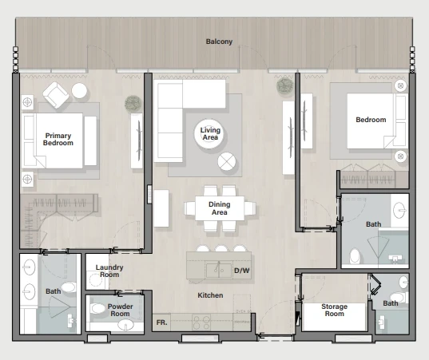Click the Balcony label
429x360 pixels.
pyautogui.click(x=219, y=42)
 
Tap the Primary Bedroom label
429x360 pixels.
pyautogui.click(x=58, y=139)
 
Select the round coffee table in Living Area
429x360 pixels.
pyautogui.click(x=209, y=134)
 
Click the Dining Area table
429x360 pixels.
pyautogui.click(x=220, y=208)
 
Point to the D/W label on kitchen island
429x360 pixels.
pyautogui.click(x=242, y=271)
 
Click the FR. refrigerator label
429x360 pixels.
pyautogui.click(x=161, y=322)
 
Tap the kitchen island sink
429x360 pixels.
pyautogui.click(x=219, y=271)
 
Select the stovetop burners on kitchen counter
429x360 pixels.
pyautogui.click(x=201, y=322)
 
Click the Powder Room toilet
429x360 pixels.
pyautogui.click(x=97, y=308)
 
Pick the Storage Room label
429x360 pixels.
pyautogui.click(x=335, y=310)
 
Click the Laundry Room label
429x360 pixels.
pyautogui.click(x=109, y=271)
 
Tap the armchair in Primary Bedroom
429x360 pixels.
pyautogui.click(x=56, y=95)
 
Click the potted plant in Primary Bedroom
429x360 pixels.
pyautogui.click(x=133, y=103)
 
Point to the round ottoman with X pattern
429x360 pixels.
pyautogui.click(x=227, y=161)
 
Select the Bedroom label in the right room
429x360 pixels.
pyautogui.click(x=371, y=120)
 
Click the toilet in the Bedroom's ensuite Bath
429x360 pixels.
pyautogui.click(x=355, y=256)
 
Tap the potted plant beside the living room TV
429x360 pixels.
pyautogui.click(x=285, y=86)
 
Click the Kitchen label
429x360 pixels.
pyautogui.click(x=210, y=295)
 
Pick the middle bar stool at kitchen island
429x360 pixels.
pyautogui.click(x=221, y=248)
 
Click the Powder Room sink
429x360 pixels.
pyautogui.click(x=126, y=325)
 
